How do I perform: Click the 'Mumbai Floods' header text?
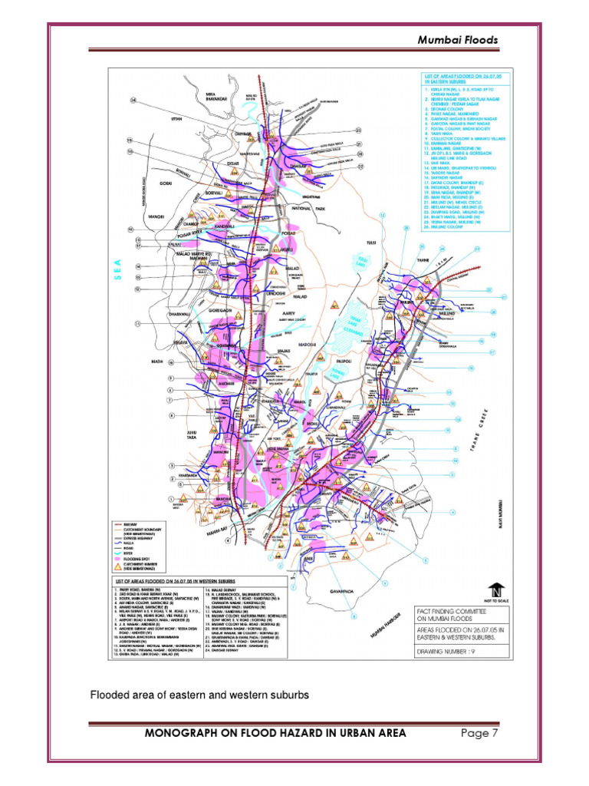(x=457, y=40)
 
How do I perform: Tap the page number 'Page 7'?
(x=480, y=733)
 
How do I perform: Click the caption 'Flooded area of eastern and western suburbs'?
(x=199, y=695)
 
